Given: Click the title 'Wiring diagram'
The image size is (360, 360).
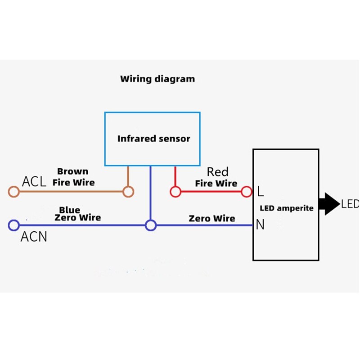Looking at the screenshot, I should [157, 79].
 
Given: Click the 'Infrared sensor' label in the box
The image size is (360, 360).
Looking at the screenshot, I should [153, 139].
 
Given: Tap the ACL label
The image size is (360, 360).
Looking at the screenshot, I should [34, 182].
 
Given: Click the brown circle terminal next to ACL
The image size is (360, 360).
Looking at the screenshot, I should [13, 192].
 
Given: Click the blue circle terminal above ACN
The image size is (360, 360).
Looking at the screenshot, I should [13, 225].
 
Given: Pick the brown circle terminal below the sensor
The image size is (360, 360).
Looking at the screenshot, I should [129, 192].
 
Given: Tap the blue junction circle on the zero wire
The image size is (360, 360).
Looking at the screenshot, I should [151, 225].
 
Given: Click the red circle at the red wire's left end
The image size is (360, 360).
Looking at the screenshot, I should [175, 192].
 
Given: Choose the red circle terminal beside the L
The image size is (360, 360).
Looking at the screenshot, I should [246, 192].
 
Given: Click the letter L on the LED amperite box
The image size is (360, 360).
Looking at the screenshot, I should [260, 192].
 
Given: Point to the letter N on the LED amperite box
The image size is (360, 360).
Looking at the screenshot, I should [260, 225].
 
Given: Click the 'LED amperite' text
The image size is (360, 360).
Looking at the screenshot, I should [287, 208].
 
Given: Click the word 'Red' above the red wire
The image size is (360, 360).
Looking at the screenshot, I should [218, 172].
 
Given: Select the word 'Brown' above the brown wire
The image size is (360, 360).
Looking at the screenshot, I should [72, 171].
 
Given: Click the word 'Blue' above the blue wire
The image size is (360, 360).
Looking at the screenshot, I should [70, 210].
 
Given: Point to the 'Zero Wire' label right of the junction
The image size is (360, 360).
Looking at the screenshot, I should [212, 219].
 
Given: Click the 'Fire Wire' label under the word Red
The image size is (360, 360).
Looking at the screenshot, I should [216, 184].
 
